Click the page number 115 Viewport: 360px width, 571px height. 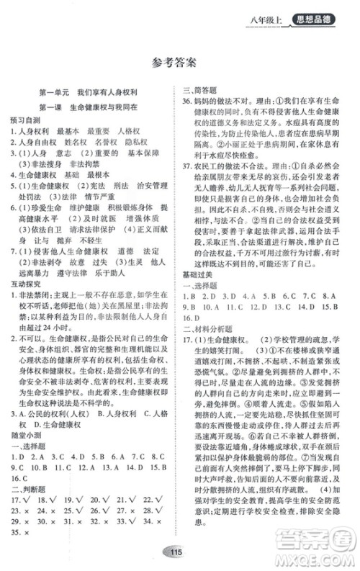(179, 552)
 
